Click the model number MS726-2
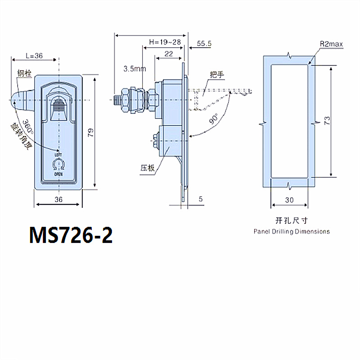(71, 235)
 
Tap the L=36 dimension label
(34, 56)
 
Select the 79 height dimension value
(90, 132)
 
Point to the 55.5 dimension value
(204, 43)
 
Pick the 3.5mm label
(135, 69)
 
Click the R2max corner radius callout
(332, 44)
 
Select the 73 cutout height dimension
(327, 121)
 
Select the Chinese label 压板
(147, 168)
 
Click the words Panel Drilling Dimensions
(291, 232)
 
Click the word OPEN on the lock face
(58, 173)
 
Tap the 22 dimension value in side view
(169, 54)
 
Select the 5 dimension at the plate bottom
(201, 198)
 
